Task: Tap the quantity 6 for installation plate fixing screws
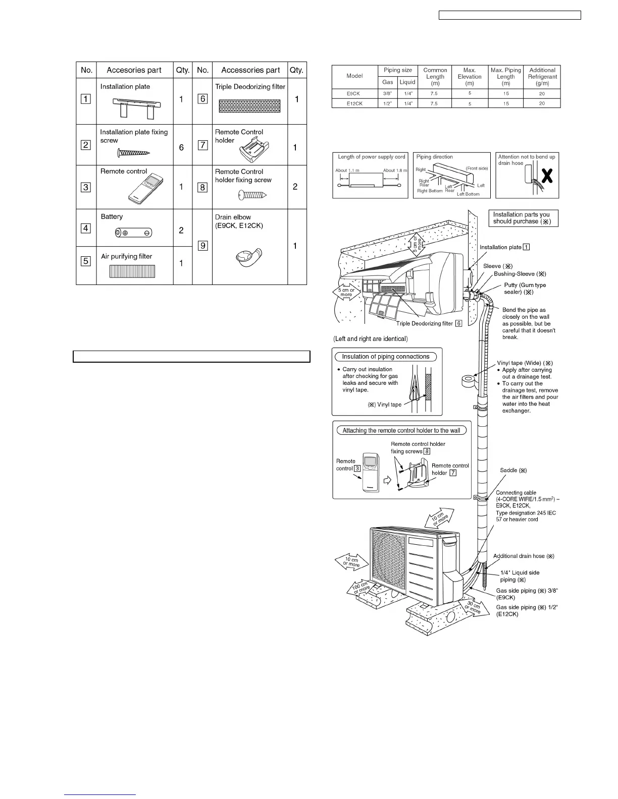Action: point(181,148)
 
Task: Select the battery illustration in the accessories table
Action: point(134,233)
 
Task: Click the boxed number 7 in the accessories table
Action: point(202,145)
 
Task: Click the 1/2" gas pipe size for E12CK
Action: point(387,103)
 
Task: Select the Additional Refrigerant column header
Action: point(542,77)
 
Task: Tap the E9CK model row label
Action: point(354,93)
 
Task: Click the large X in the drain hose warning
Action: point(546,176)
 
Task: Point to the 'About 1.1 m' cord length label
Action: point(347,170)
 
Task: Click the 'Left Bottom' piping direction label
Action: point(468,194)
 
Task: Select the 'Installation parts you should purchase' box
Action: point(523,218)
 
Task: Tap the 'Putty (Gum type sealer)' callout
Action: point(525,289)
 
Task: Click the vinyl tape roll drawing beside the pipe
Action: point(471,380)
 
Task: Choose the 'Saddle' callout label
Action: point(513,470)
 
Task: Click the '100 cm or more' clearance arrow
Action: point(362,589)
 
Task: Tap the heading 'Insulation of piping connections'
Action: point(385,357)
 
